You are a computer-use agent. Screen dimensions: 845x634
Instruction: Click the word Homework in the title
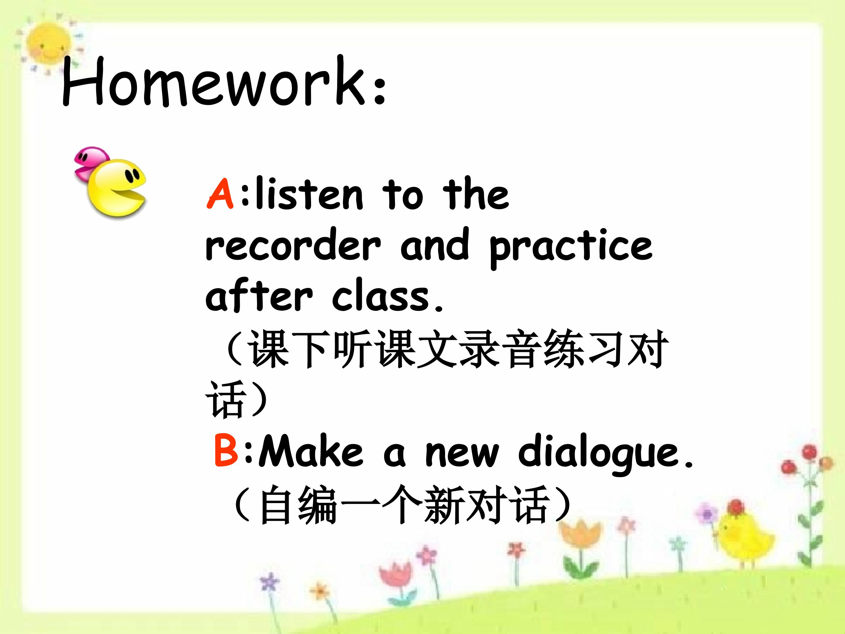click(x=214, y=81)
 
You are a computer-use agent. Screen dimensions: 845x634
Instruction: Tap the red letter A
click(x=220, y=194)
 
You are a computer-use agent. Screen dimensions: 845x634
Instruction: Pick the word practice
click(x=571, y=249)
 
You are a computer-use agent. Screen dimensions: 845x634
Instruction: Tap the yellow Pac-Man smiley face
click(x=116, y=190)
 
